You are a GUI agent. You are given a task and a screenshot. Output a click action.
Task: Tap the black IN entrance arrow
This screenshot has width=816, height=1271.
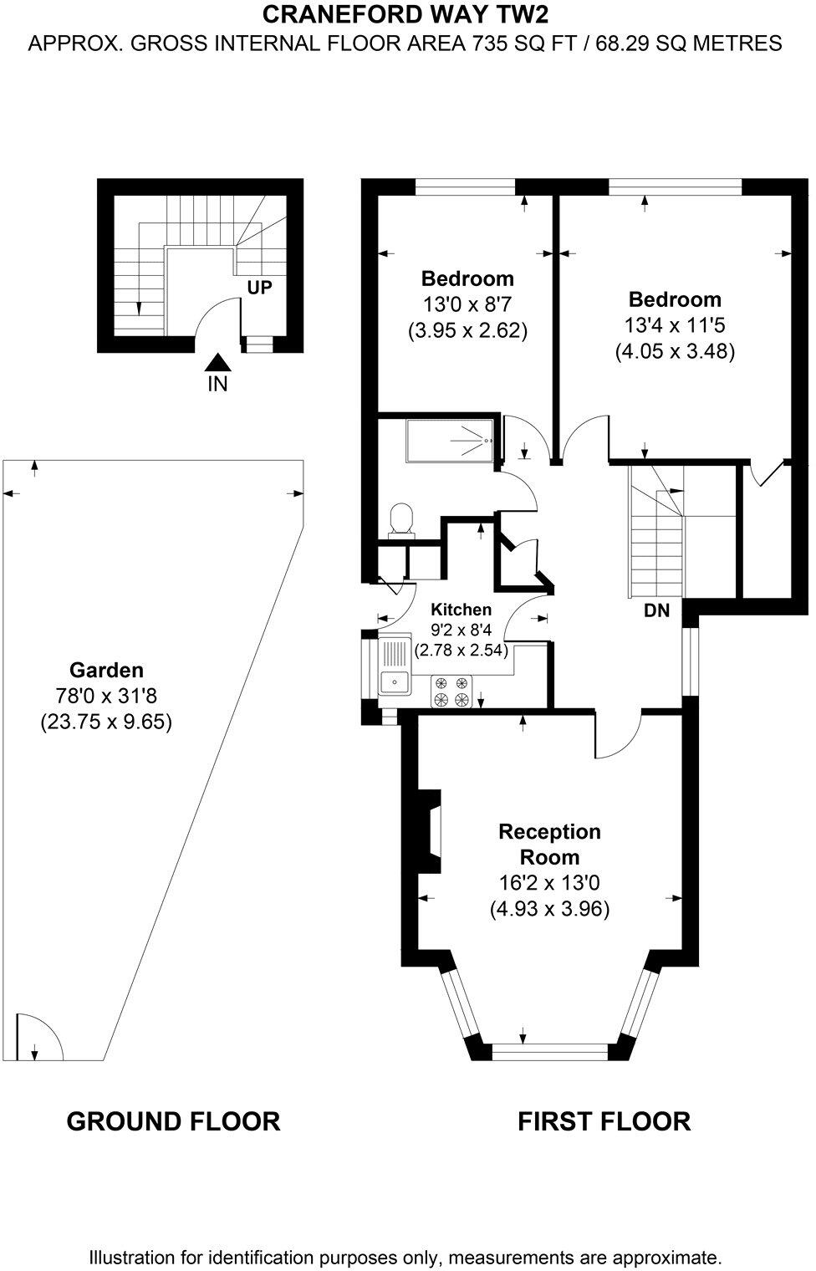(217, 362)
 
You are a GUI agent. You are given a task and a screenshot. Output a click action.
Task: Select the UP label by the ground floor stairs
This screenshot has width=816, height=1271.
(259, 288)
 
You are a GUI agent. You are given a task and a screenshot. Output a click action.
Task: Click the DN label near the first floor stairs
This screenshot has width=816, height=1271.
(656, 611)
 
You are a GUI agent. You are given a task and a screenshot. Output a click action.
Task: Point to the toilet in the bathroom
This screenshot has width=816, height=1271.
(402, 518)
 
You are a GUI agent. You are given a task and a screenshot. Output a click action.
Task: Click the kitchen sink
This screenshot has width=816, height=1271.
(393, 682)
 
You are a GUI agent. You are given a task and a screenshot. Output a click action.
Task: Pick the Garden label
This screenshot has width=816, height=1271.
(106, 670)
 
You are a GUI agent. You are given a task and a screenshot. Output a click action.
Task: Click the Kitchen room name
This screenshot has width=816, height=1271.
(461, 610)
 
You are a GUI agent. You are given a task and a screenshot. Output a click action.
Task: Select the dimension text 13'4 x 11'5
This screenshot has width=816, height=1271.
(675, 325)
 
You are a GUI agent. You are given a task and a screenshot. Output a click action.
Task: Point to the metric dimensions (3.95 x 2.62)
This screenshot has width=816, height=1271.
(467, 330)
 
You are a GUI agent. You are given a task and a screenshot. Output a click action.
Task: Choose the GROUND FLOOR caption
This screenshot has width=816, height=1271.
(173, 1121)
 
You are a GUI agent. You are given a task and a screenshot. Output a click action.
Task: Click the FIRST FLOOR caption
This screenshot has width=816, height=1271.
(604, 1121)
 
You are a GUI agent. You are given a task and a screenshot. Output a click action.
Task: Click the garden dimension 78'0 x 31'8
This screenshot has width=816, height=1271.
(106, 696)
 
